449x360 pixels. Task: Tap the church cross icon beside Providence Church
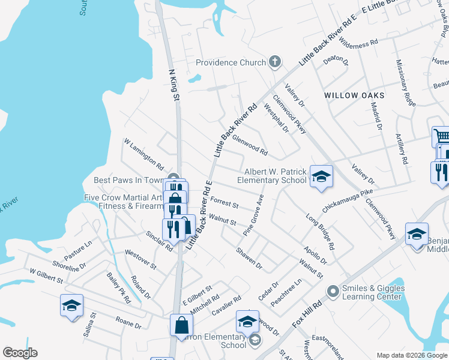tap(275, 62)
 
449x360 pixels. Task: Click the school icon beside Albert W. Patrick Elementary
tap(321, 176)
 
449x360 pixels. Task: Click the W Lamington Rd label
tap(144, 154)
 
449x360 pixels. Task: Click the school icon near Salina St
tap(71, 305)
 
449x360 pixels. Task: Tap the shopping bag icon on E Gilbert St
tap(182, 325)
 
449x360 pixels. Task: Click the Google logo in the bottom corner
tap(20, 353)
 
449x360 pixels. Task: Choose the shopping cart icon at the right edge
tap(442, 137)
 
